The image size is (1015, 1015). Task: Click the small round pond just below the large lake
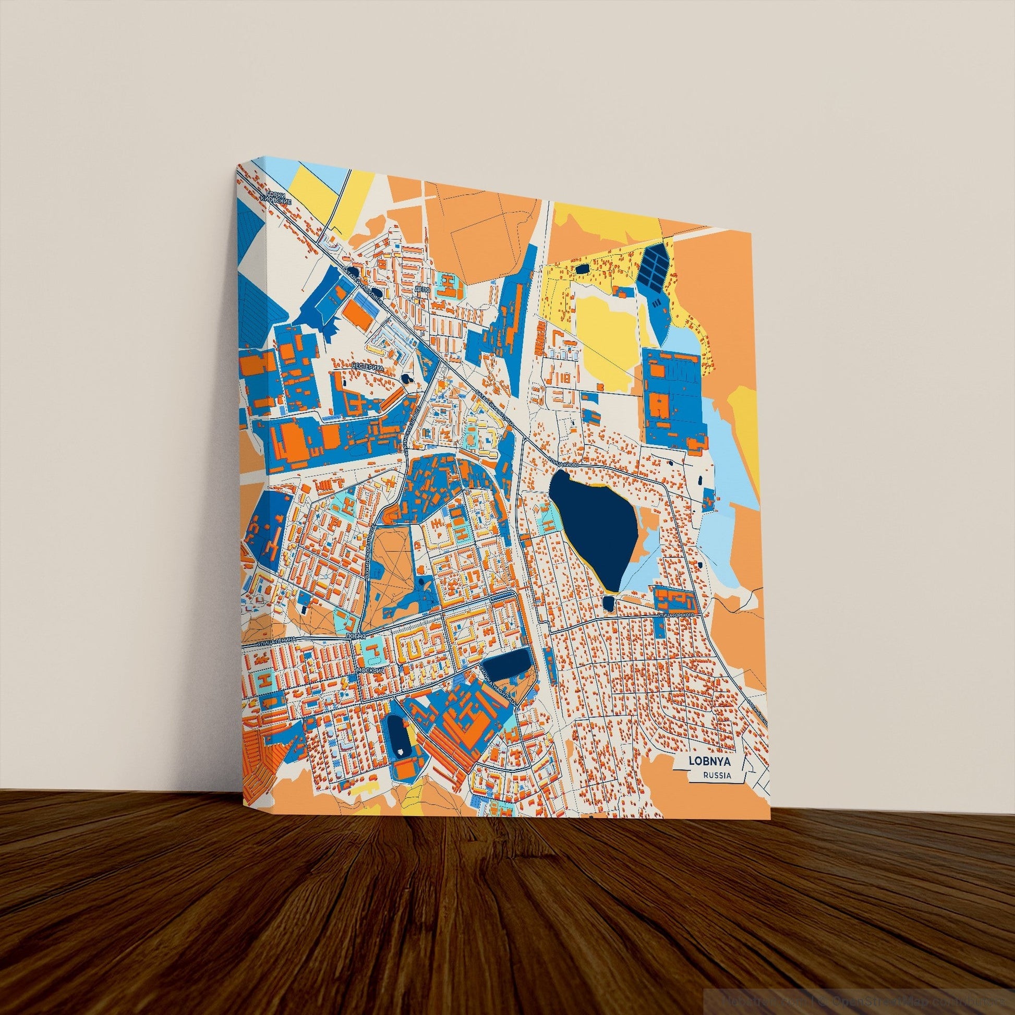608,602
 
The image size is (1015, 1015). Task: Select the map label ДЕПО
422,289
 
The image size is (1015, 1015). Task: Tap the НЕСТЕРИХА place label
368,366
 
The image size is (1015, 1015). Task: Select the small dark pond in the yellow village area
582,269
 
